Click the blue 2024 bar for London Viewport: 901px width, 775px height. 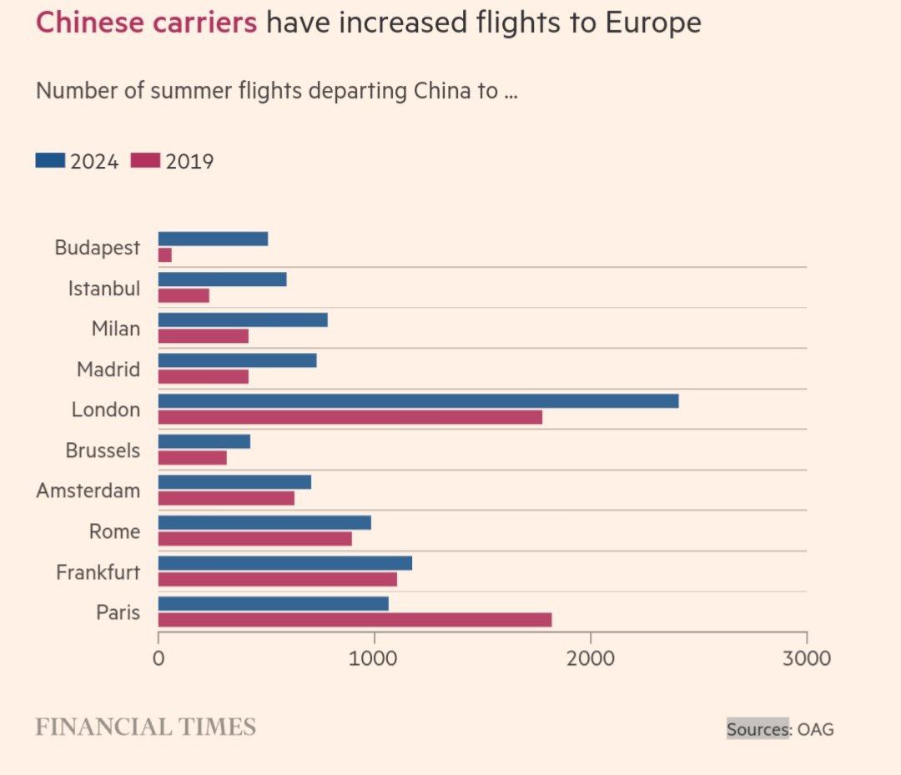point(418,401)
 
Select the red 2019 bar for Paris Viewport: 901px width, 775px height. point(355,620)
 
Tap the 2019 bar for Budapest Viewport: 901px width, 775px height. point(165,254)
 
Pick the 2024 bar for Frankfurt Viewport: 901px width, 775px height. point(284,563)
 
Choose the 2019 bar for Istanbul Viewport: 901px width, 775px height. point(184,295)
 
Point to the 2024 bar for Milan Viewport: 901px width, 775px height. point(243,320)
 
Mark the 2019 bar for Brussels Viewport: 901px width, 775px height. point(193,458)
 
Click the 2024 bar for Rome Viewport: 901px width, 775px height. point(264,522)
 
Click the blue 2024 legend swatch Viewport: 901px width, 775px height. point(50,160)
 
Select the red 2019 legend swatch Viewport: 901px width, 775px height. point(145,160)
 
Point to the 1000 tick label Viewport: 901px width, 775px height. point(375,658)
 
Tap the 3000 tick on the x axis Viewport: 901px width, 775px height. point(807,658)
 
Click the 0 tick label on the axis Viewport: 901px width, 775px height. point(159,658)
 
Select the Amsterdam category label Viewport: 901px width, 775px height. point(88,491)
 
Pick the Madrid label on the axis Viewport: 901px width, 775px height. point(108,369)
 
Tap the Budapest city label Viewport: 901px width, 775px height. point(97,247)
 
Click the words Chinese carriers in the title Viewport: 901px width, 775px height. point(146,23)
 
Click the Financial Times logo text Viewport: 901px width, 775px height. point(145,727)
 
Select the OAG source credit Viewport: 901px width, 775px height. point(815,729)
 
